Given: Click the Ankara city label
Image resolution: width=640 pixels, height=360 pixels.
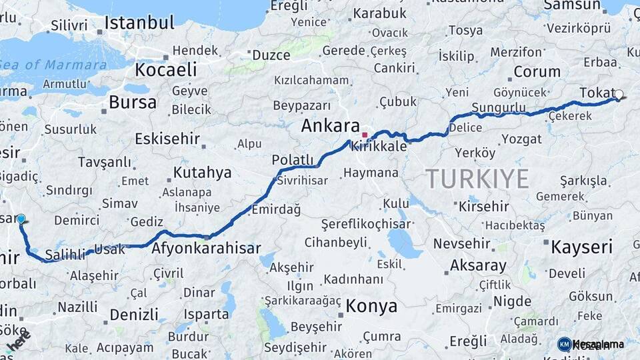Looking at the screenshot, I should [330, 126].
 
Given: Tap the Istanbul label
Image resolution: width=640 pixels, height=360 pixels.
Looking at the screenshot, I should [139, 23].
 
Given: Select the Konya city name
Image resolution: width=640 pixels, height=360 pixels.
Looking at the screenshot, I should [371, 306].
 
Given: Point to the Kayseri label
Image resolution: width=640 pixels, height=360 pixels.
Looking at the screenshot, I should [581, 247].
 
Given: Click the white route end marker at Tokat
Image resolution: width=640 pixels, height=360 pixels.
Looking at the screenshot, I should [619, 95].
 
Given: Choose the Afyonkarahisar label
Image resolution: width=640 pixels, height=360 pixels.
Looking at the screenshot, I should [206, 248].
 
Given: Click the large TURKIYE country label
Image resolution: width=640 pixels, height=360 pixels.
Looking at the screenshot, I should [477, 179].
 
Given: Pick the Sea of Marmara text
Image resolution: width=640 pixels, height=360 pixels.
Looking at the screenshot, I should [53, 65].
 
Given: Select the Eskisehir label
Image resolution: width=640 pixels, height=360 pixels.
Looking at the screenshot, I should [167, 139].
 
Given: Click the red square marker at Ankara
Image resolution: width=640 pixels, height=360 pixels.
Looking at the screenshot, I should [365, 135].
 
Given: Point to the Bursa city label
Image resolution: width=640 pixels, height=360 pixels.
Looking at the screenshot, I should [133, 103].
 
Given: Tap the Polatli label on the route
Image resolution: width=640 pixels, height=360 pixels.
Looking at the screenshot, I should [292, 160].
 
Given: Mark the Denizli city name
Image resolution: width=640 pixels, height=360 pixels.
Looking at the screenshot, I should [134, 315].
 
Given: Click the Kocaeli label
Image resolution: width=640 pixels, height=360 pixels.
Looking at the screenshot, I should [166, 69].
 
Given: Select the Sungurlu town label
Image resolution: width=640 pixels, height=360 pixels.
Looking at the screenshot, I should [498, 107].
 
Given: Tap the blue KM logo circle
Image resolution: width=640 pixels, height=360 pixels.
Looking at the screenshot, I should [564, 344].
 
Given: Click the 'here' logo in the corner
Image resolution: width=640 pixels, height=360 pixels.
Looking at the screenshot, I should [18, 341].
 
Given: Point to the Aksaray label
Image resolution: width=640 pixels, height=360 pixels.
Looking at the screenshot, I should [478, 265].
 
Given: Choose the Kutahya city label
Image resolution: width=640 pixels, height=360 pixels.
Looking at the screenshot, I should [202, 173].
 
